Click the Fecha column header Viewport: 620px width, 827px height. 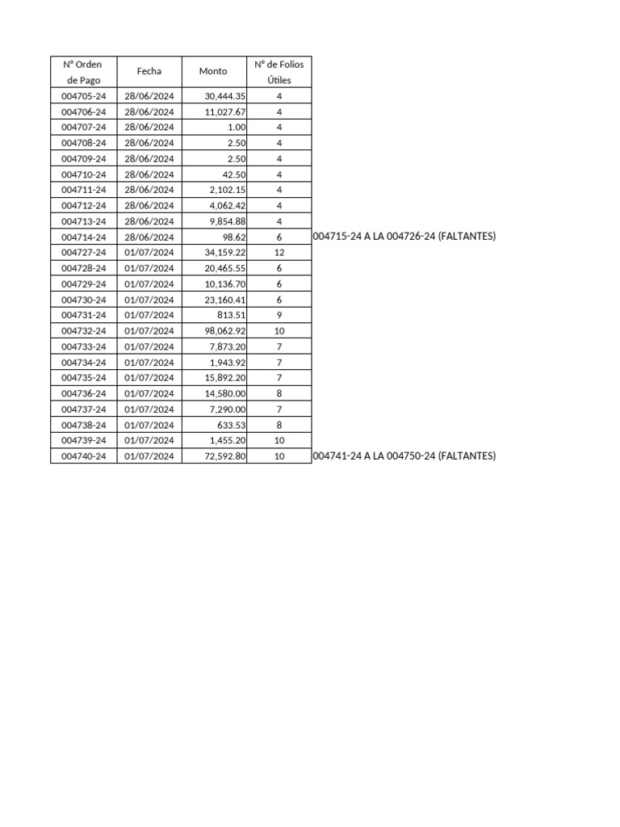coord(149,71)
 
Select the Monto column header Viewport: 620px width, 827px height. coord(213,71)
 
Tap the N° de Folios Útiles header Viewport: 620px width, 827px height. coord(279,71)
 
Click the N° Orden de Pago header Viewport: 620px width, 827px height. coord(84,71)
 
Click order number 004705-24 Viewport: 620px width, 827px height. coord(84,96)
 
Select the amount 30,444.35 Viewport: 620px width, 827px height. coord(225,96)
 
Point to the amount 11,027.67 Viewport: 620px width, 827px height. coord(225,111)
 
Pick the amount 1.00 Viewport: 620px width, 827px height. coord(237,128)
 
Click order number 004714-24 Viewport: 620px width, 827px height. coord(84,237)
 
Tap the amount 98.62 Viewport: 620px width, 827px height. coord(234,237)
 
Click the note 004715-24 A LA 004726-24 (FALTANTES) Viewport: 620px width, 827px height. coord(404,237)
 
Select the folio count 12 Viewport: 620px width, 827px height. coord(279,253)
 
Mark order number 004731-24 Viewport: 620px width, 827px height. coord(84,315)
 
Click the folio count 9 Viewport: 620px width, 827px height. coord(279,315)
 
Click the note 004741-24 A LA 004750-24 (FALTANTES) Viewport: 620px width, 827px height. coord(404,456)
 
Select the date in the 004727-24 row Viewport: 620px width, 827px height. coord(149,253)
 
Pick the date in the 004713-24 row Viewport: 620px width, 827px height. coord(149,221)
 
